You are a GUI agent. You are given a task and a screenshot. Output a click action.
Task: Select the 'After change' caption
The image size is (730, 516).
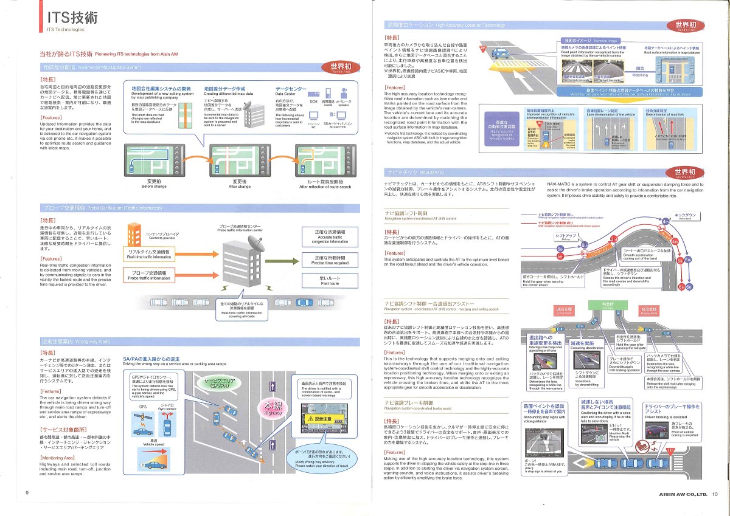point(240,186)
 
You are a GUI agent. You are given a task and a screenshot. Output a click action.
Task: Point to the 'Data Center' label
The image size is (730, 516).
point(287,94)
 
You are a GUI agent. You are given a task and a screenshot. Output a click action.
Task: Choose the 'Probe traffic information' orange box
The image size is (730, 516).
point(148,275)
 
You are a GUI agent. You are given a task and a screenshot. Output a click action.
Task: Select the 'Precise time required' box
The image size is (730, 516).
point(330,260)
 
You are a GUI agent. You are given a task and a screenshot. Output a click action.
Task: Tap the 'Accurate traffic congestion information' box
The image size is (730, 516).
point(330,237)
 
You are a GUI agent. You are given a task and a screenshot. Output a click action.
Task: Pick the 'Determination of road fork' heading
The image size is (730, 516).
point(665,114)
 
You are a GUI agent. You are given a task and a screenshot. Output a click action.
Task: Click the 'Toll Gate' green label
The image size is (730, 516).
point(608,306)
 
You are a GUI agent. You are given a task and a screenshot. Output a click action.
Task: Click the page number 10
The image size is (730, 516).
point(714,494)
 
